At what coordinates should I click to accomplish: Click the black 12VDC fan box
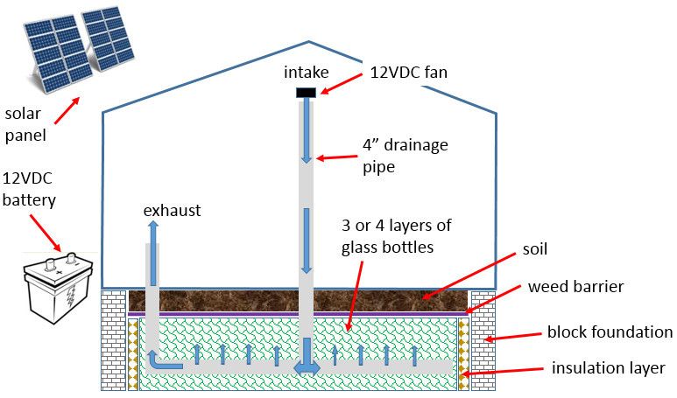pos(306,92)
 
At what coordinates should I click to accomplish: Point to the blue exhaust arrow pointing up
pos(153,249)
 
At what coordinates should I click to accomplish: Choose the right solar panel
pos(108,40)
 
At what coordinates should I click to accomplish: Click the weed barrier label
pos(575,288)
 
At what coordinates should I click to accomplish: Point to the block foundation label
pos(610,332)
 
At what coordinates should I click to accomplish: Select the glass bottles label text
pos(396,236)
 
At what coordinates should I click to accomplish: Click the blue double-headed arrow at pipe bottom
pos(306,367)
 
